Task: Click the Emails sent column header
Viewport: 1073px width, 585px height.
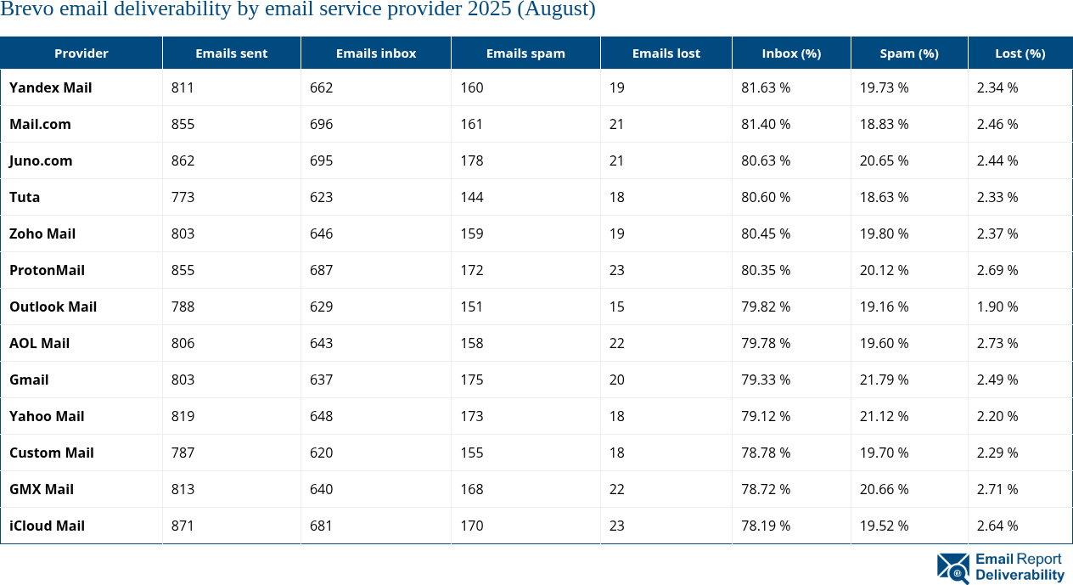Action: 231,53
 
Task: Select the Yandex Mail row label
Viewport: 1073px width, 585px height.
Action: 51,87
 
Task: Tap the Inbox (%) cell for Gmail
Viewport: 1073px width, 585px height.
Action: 766,380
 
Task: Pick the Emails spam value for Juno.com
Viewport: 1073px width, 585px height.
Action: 471,160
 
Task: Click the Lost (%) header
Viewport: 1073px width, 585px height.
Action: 1020,53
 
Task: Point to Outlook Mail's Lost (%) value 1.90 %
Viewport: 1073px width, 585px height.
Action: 997,307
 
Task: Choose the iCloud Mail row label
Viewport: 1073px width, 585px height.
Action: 48,526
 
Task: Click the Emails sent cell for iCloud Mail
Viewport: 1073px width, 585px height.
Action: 183,526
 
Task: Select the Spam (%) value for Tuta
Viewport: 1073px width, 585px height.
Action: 884,197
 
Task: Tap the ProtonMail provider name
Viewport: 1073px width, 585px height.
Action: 48,270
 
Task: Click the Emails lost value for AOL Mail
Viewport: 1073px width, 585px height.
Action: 616,343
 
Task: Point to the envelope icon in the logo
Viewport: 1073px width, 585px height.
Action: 952,568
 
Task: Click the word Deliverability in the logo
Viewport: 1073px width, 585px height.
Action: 1020,575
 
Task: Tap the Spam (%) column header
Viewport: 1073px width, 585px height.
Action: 909,53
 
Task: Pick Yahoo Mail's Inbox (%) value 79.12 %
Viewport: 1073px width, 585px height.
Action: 766,416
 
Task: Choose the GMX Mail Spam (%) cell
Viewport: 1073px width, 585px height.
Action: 884,489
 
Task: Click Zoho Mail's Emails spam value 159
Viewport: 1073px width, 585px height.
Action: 471,233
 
